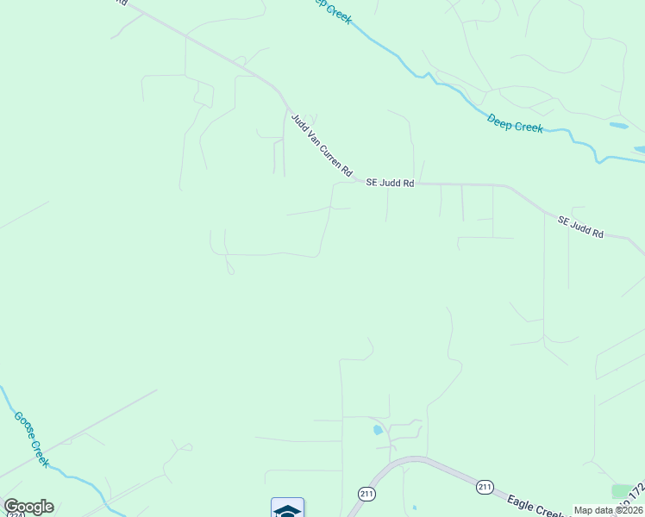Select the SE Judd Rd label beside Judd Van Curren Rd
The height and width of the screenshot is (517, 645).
390,183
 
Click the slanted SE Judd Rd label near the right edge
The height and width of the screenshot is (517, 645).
580,227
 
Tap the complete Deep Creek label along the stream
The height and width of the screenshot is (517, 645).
515,123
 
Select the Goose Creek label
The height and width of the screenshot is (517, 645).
28,439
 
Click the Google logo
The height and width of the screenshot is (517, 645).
28,507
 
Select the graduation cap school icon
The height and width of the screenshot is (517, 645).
287,509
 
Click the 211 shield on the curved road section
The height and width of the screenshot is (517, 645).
366,494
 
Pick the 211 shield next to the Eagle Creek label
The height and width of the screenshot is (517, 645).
485,488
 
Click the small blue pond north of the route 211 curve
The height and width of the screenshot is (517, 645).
377,429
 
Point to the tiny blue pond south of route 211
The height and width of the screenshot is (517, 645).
415,507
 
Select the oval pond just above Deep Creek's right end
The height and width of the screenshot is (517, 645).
618,126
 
